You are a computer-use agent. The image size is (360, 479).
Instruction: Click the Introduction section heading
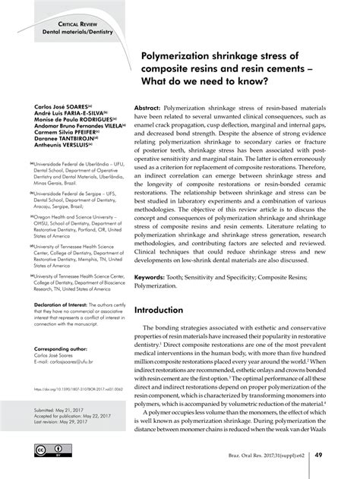[x=169, y=290]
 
